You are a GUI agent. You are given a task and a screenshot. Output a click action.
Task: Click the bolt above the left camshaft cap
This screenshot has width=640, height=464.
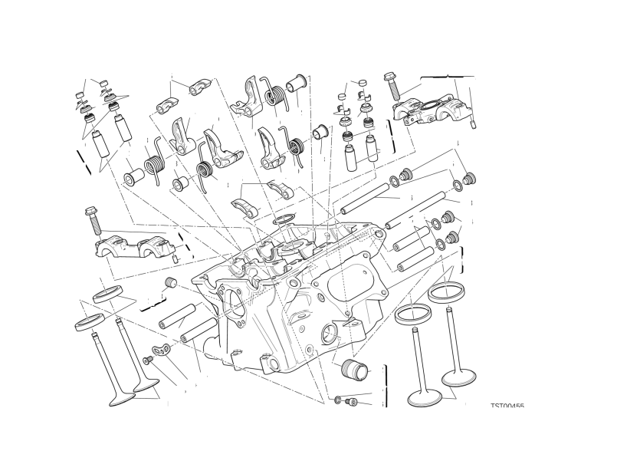click(93, 219)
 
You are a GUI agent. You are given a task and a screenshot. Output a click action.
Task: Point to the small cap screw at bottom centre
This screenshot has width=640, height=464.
click(352, 401)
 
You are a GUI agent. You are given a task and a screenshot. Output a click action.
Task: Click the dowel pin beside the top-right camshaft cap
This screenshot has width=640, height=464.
click(474, 121)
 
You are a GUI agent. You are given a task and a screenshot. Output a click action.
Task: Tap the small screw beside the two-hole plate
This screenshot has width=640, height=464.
click(146, 360)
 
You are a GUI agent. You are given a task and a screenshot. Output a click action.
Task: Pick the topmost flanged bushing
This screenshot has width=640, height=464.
click(297, 79)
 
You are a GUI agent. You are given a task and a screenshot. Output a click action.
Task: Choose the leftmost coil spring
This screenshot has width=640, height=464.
click(154, 164)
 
